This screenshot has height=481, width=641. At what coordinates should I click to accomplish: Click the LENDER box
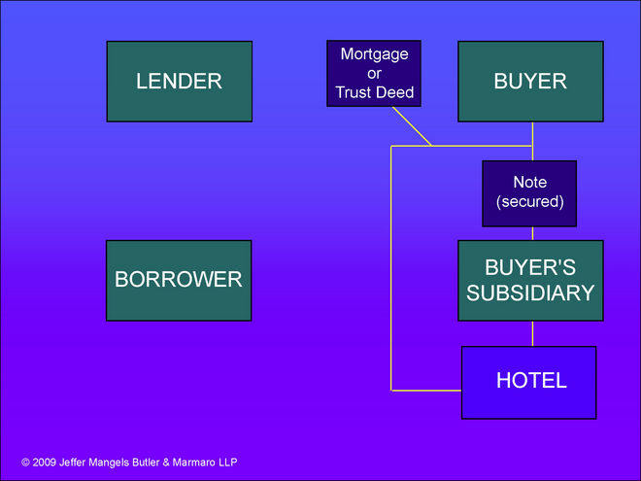point(179,82)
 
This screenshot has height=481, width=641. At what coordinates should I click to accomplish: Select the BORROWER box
point(179,280)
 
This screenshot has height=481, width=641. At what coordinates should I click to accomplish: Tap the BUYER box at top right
point(529,82)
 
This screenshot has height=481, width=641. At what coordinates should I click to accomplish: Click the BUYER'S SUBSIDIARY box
point(529,280)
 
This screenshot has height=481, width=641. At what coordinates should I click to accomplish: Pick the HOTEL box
point(529,381)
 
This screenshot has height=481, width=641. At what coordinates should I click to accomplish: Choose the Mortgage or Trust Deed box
point(374,74)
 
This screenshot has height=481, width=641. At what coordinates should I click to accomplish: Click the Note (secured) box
point(529,193)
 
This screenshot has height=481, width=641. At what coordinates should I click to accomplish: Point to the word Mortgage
point(374,54)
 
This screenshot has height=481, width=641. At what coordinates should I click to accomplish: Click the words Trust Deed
point(374,93)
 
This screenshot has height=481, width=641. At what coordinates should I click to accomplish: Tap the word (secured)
point(529,202)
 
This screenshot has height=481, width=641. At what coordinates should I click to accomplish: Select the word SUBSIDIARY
point(529,292)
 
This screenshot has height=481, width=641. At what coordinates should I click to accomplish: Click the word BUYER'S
point(529,266)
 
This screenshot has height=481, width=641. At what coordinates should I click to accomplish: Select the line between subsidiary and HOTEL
point(532,333)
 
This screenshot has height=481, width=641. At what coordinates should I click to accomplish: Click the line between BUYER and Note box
point(532,141)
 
